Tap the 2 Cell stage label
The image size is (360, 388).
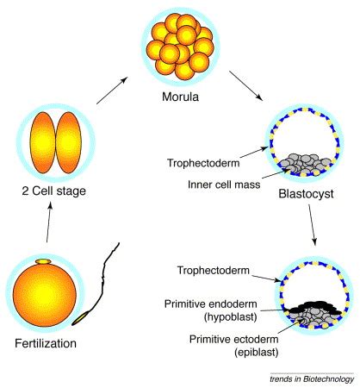53,191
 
